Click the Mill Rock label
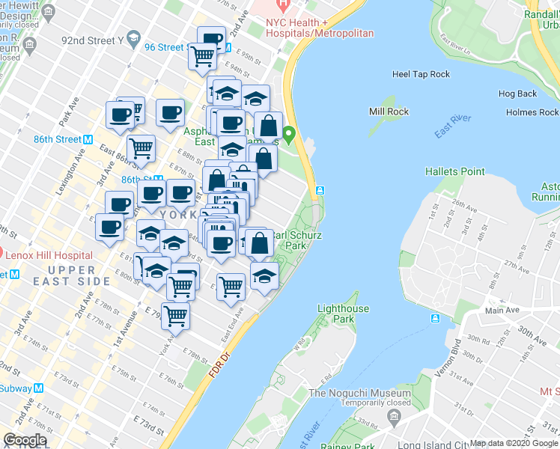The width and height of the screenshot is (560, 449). (388, 112)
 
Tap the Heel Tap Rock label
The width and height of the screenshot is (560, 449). (421, 74)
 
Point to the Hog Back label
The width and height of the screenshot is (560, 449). (517, 94)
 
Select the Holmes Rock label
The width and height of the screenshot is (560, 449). (532, 112)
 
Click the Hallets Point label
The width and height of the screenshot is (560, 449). (454, 171)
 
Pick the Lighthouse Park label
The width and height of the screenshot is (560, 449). (343, 314)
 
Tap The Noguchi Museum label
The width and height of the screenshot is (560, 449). (359, 393)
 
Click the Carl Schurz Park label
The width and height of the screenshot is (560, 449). (295, 239)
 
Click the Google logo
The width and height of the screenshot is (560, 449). (25, 440)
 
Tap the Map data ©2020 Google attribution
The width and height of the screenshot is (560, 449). (514, 442)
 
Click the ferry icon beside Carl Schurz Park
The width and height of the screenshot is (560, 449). (320, 191)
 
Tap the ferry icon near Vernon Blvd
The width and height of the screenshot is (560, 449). (435, 319)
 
